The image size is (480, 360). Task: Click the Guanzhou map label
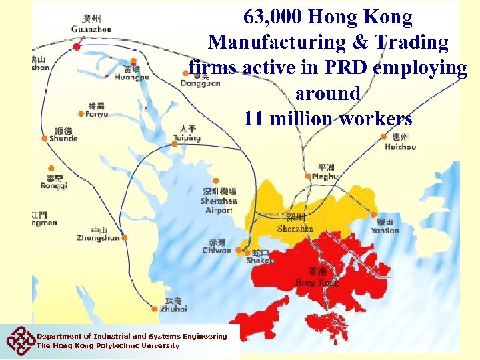point(92,29)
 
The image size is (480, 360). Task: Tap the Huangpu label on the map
point(132,77)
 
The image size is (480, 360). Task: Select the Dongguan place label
point(200,83)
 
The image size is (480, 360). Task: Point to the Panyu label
point(97,114)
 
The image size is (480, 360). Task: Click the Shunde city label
point(63,138)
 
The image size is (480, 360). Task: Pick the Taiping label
point(187,138)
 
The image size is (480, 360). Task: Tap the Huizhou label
point(400,147)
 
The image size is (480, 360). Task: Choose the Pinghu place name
point(326,176)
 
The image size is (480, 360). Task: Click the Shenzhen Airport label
point(219,205)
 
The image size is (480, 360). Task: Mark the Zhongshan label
point(97,237)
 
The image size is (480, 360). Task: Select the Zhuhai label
point(173,308)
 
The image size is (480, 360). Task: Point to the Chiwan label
point(217,250)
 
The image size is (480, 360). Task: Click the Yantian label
point(385,230)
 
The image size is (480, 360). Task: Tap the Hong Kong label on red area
point(317,282)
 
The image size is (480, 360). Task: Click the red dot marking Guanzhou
point(77,46)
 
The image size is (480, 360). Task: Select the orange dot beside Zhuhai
point(155,308)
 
